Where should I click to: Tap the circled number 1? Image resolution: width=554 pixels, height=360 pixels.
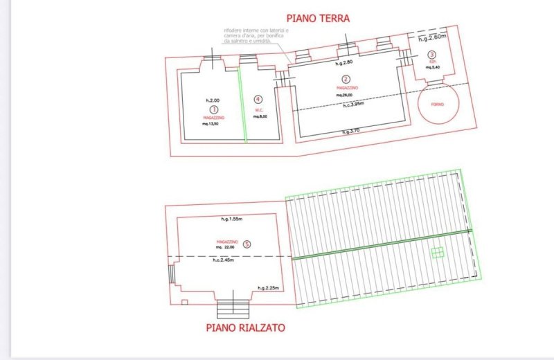pos(214,109)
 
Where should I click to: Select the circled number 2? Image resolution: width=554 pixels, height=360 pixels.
pos(348,80)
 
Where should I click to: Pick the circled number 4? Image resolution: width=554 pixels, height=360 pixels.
pos(258,100)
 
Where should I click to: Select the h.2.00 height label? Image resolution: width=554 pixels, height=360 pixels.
pos(213,100)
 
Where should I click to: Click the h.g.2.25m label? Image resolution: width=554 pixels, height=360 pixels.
pos(268,287)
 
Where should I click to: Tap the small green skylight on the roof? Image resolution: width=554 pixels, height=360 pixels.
pos(437,252)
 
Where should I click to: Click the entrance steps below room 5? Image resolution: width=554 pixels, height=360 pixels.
pos(233,305)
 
